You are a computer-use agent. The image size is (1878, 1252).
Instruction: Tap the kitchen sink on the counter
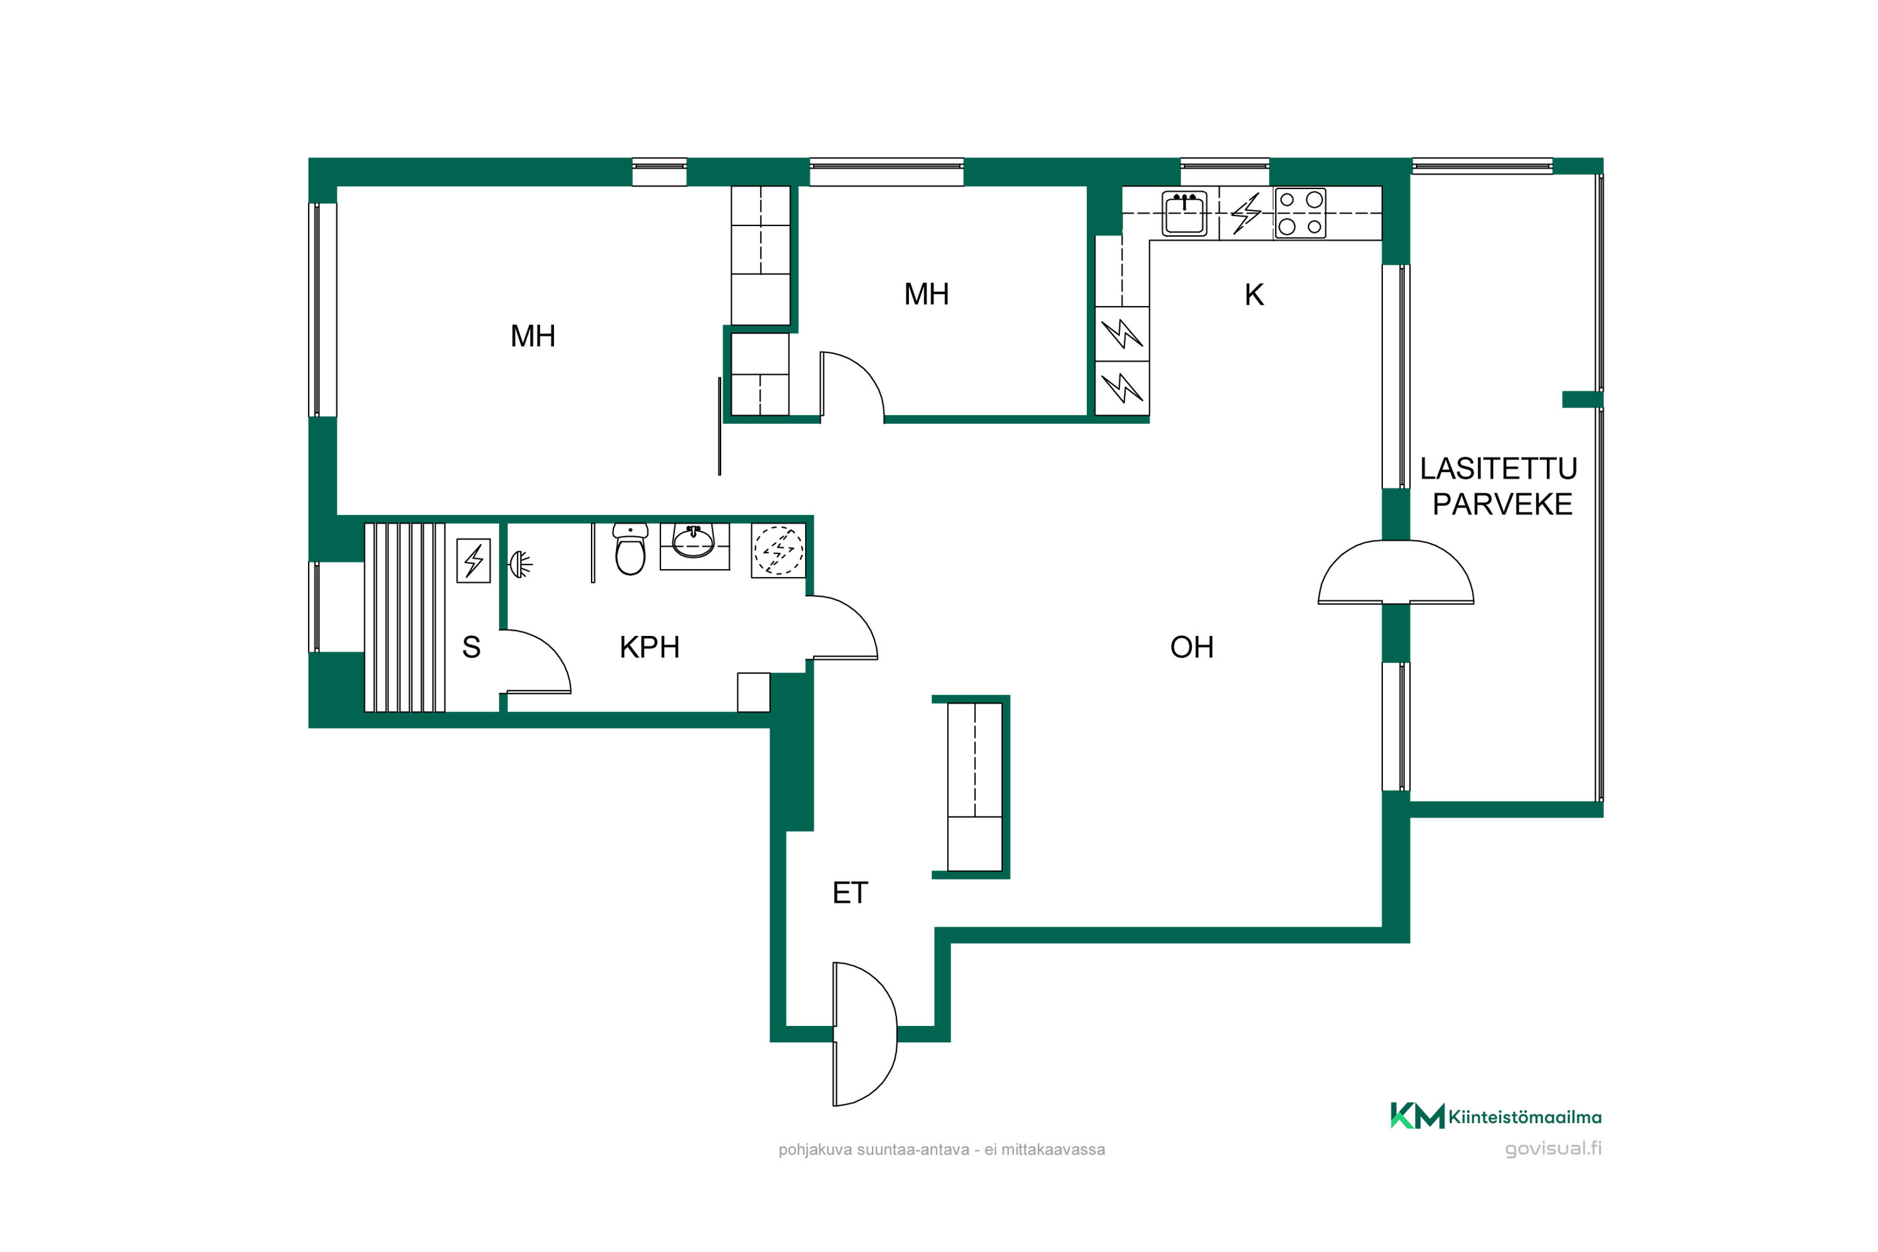[x=1184, y=213]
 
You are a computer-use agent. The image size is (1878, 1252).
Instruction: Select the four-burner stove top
[x=1300, y=213]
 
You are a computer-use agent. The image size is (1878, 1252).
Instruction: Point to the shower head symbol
[x=521, y=565]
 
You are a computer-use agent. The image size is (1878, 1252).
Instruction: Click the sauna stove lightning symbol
[x=473, y=560]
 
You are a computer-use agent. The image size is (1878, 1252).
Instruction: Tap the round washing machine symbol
[x=779, y=550]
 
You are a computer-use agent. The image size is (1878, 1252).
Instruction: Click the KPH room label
[x=649, y=647]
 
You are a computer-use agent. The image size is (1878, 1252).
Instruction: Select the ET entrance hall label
[x=849, y=893]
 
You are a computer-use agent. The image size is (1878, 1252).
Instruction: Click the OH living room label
[x=1191, y=647]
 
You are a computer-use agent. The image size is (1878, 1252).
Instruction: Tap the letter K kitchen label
[x=1254, y=295]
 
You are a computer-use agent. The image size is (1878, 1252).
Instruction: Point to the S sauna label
[x=471, y=647]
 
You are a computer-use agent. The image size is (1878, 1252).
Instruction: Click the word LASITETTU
[x=1498, y=469]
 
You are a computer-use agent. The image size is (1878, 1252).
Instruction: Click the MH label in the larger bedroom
[x=533, y=336]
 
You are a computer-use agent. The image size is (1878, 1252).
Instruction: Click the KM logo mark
[x=1417, y=1116]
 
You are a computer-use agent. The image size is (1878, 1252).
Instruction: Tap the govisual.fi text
[x=1553, y=1148]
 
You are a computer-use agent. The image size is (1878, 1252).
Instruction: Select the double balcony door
[x=1396, y=572]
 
